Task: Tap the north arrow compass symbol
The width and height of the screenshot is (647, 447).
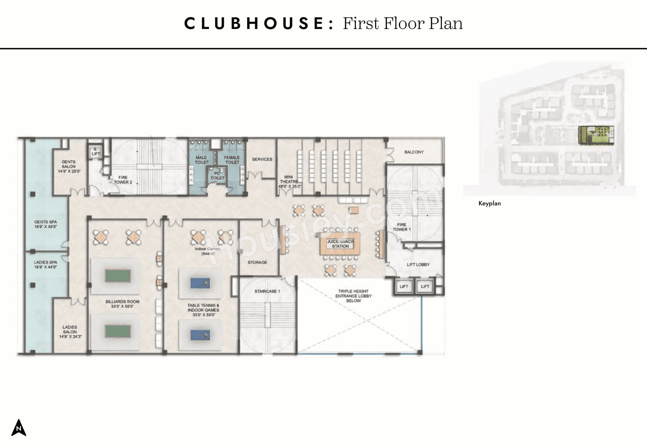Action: click(x=19, y=428)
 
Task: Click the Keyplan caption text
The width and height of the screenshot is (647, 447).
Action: click(x=489, y=204)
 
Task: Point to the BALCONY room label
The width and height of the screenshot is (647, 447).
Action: click(x=414, y=152)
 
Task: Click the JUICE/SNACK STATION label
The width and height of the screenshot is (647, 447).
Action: click(x=340, y=244)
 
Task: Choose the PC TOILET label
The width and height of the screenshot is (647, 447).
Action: click(x=217, y=176)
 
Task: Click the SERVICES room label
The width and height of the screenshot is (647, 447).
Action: click(x=262, y=159)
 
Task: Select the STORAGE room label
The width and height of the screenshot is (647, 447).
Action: click(x=257, y=262)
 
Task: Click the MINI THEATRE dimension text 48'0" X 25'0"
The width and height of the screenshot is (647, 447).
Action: click(x=290, y=186)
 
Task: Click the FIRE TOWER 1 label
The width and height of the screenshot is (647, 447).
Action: click(x=401, y=227)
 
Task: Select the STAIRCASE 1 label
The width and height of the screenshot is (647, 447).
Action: click(x=267, y=291)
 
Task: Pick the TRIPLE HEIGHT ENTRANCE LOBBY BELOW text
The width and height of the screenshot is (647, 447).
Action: click(x=353, y=296)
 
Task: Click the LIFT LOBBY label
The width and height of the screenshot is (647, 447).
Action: click(x=418, y=265)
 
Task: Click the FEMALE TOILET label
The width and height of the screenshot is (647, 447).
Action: click(x=232, y=160)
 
